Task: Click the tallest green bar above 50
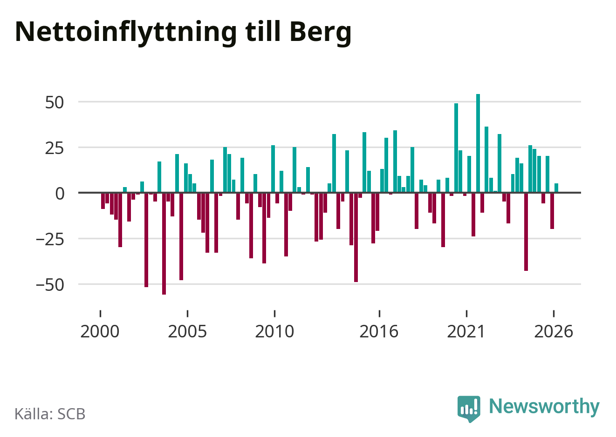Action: [x=478, y=143]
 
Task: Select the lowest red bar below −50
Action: [x=164, y=244]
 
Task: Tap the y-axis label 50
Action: [x=55, y=103]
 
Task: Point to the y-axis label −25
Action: [x=50, y=239]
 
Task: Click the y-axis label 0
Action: [x=60, y=194]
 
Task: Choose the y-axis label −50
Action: [x=50, y=285]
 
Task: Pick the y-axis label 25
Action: [x=55, y=148]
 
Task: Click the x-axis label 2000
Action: [x=100, y=331]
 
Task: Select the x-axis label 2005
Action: [x=187, y=331]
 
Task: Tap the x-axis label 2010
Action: [x=274, y=331]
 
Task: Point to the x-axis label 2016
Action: [x=379, y=331]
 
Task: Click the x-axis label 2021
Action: [x=466, y=331]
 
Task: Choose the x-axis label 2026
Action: [x=553, y=331]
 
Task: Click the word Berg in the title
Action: [x=321, y=33]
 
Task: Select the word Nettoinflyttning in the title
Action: [x=126, y=33]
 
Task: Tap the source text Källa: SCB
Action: [x=50, y=414]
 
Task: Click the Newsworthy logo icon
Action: [x=469, y=409]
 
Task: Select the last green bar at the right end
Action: [x=556, y=188]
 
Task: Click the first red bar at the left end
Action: [x=103, y=201]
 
